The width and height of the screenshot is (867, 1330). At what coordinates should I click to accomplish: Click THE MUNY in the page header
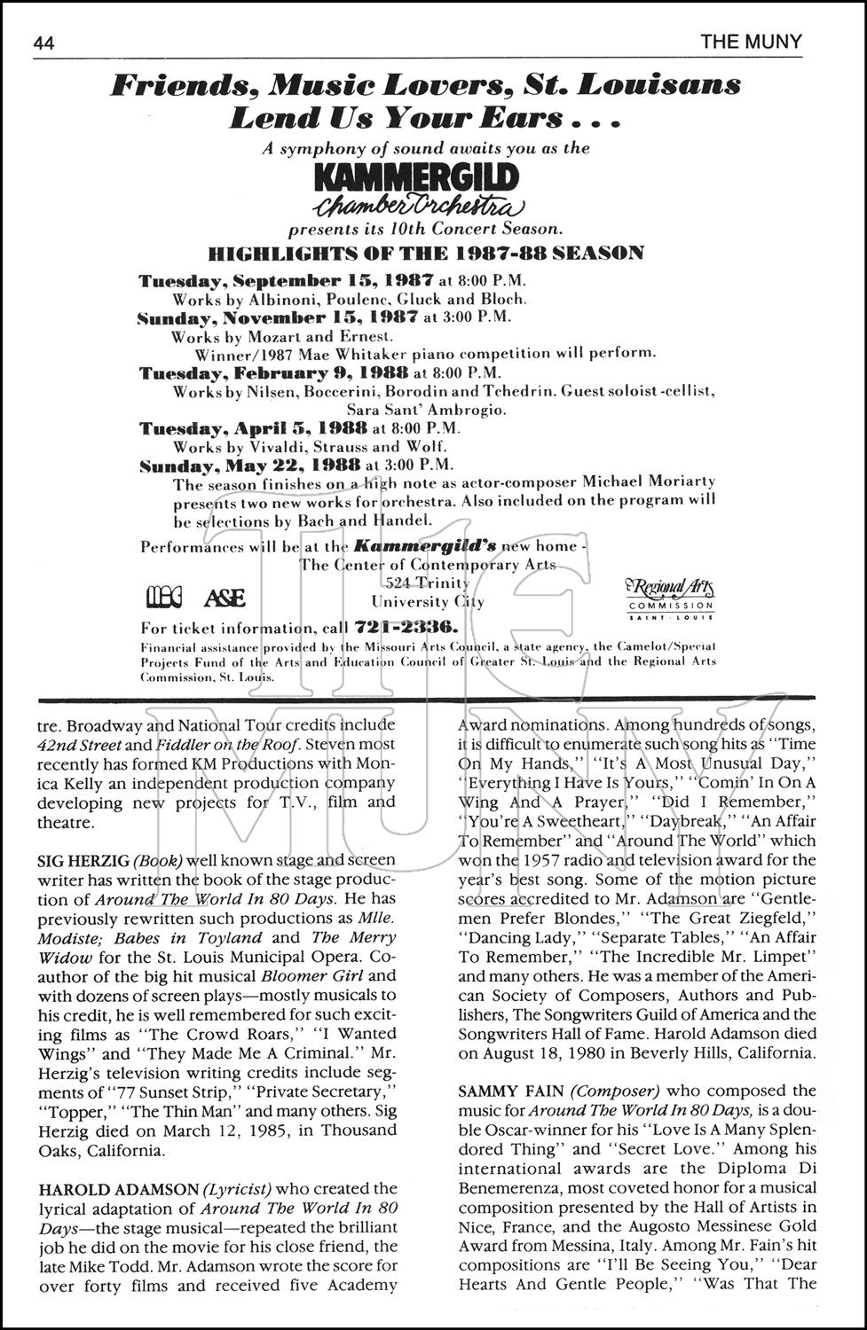point(751,42)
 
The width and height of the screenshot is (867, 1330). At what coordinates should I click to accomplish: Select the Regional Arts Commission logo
point(670,595)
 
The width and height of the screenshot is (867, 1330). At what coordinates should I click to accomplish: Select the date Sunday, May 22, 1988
point(249,465)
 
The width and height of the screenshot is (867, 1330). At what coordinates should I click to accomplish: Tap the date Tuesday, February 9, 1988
point(273,372)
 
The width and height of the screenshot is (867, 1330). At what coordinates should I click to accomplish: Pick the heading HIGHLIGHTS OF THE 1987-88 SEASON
point(426,254)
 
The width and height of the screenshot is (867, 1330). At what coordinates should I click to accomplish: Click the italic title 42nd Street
point(78,746)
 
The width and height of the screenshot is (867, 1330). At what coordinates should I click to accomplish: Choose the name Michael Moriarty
point(648,481)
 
